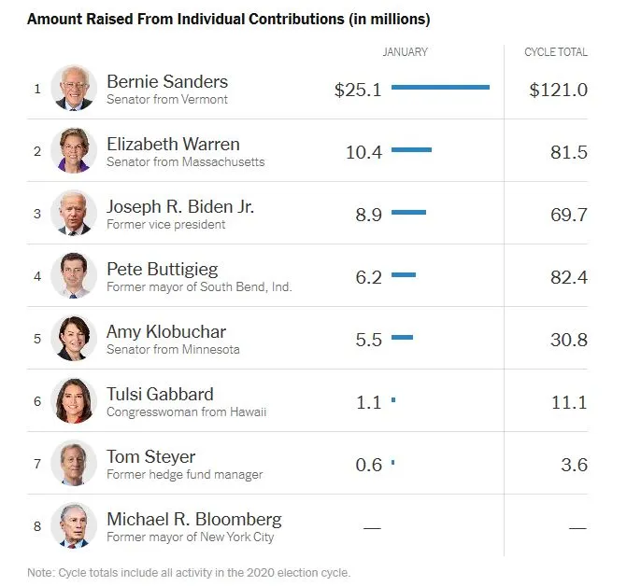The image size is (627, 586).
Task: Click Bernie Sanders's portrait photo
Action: point(74,89)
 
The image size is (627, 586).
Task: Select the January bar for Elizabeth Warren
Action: point(411,150)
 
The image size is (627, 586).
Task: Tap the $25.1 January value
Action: point(358,90)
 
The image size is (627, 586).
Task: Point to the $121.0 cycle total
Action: point(558,90)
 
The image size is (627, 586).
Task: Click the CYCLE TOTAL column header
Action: point(556,52)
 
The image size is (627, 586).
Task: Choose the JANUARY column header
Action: point(406,52)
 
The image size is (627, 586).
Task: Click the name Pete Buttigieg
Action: point(162,269)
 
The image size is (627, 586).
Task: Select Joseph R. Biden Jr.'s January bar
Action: point(408,213)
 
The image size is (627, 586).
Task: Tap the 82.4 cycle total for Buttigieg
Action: point(569,277)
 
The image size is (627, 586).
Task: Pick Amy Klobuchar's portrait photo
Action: point(74,338)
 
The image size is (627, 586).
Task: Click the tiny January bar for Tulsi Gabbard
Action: point(393,400)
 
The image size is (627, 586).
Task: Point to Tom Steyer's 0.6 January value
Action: point(369,465)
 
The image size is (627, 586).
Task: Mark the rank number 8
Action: point(37,526)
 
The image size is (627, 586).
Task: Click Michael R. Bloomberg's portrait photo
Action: point(74,525)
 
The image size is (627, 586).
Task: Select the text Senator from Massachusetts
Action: point(185,162)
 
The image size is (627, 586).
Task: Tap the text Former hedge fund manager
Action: point(184,475)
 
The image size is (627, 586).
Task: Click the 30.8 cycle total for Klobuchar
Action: point(569,340)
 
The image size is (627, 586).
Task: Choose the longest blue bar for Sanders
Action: point(440,88)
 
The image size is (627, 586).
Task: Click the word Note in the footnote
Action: point(41,572)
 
